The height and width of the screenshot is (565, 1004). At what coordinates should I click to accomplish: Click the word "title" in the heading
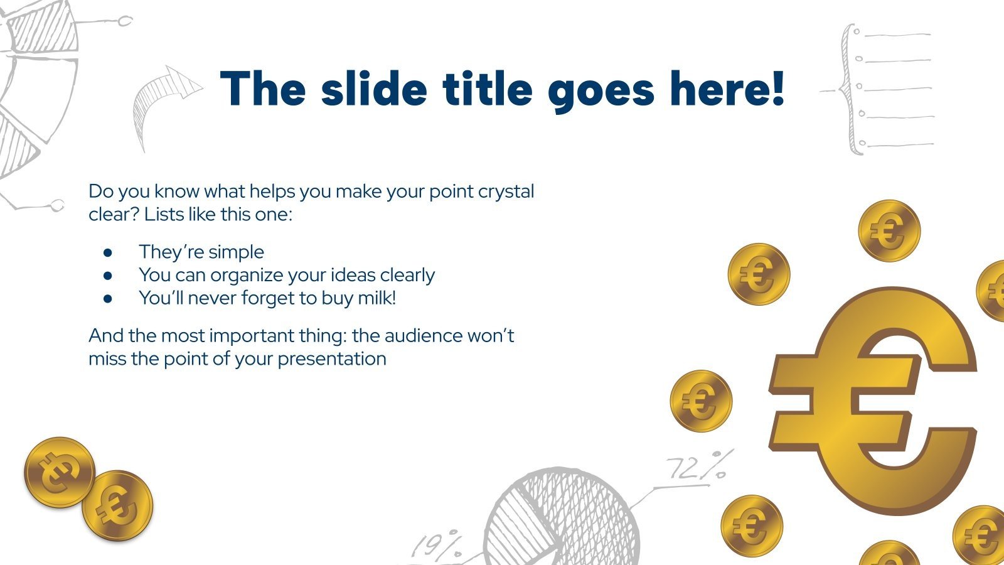point(488,89)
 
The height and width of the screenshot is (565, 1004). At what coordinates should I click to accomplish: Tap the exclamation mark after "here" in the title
point(777,89)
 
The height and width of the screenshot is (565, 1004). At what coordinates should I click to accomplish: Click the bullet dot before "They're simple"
point(108,252)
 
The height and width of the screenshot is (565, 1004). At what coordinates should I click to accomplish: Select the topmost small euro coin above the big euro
point(889,230)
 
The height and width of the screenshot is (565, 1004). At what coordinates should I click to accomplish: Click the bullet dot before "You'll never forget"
point(108,299)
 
